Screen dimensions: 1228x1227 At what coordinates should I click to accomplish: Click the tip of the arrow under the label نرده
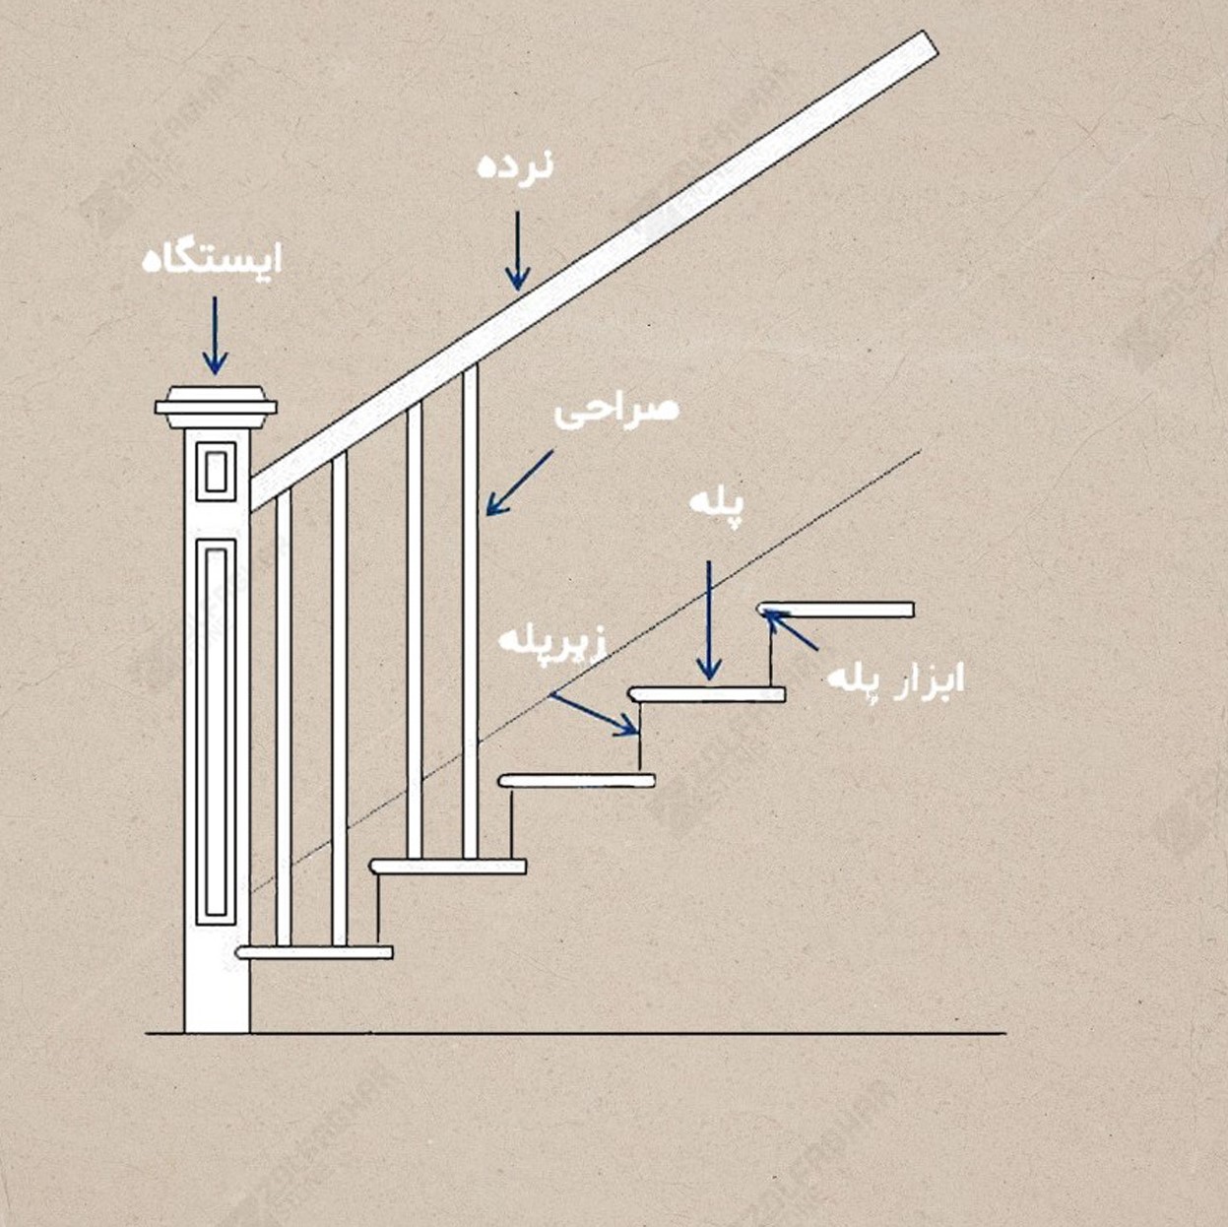[x=517, y=291]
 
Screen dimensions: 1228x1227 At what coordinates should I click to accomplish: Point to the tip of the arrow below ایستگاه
[x=215, y=375]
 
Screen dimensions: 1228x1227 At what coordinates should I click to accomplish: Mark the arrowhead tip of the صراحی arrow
[x=486, y=514]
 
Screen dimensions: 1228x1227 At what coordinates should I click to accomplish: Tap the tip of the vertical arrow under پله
[x=709, y=679]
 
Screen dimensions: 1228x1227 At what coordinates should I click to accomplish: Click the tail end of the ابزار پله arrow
[x=817, y=650]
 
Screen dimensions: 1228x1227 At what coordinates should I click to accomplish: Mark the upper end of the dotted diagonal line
[x=920, y=451]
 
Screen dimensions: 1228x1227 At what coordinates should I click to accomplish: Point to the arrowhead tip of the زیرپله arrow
[x=637, y=733]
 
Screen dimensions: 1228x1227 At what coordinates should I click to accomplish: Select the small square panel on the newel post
[x=216, y=471]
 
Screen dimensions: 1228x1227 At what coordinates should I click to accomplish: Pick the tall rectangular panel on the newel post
[x=216, y=732]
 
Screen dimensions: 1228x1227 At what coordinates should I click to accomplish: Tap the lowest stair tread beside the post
[x=314, y=953]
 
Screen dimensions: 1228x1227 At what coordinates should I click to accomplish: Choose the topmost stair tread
[x=835, y=610]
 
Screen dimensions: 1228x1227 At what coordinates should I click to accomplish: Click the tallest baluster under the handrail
[x=471, y=612]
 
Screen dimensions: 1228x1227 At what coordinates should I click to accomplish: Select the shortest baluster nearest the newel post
[x=284, y=717]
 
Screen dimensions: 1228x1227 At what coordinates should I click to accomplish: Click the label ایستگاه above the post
[x=212, y=262]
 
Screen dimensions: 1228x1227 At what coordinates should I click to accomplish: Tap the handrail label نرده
[x=516, y=167]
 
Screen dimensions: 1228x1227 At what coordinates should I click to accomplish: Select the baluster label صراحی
[x=616, y=412]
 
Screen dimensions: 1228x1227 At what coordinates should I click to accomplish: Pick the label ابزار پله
[x=896, y=679]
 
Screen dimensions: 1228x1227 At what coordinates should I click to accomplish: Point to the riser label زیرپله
[x=552, y=641]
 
